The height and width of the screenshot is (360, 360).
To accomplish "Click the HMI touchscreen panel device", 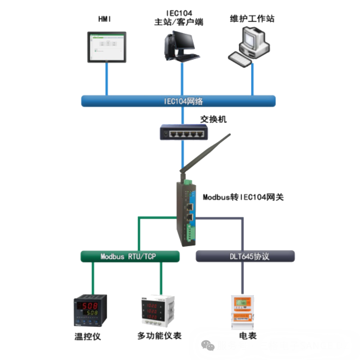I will click(107, 46).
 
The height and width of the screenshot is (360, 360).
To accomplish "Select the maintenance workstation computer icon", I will click(250, 46).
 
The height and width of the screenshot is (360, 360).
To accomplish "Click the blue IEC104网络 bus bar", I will click(178, 101).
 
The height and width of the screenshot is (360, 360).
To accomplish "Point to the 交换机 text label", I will click(213, 119).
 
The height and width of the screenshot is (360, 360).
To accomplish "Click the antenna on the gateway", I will click(205, 156).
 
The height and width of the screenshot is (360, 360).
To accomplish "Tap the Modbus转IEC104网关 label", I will click(243, 197).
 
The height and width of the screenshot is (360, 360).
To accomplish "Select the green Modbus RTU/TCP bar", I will click(130, 256).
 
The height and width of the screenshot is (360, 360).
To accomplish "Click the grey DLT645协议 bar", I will click(246, 256).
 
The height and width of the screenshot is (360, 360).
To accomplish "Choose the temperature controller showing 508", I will click(90, 310).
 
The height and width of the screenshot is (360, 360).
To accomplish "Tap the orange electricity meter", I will click(243, 311).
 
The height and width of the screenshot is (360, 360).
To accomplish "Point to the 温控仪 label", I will click(87, 336).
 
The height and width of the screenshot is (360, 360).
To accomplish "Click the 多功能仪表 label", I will click(159, 336).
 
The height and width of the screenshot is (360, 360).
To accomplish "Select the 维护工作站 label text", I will click(252, 19).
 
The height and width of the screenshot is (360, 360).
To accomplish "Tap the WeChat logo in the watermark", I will click(207, 346).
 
